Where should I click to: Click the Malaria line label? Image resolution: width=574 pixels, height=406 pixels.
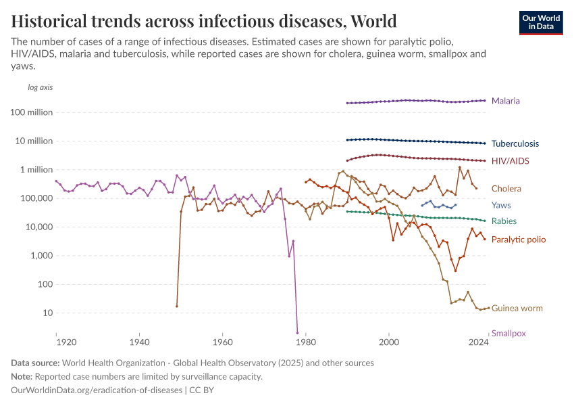[x=505, y=101]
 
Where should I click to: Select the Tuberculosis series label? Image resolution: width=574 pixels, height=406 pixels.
[x=515, y=143]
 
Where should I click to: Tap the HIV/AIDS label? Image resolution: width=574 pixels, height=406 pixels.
[x=510, y=161]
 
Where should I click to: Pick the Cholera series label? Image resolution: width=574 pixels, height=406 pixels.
[x=506, y=189]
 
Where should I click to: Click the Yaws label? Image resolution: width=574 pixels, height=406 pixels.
[x=501, y=205]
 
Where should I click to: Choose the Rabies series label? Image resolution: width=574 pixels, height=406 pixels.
[x=504, y=221]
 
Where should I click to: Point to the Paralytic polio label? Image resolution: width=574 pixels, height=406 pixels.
[x=518, y=240]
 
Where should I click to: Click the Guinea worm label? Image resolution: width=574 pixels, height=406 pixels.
[x=517, y=309]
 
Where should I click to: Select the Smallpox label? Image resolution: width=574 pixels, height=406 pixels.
[x=508, y=333]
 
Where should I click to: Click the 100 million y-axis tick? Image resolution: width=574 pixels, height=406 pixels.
[x=31, y=112]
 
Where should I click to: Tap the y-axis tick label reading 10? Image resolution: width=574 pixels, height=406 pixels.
[x=47, y=313]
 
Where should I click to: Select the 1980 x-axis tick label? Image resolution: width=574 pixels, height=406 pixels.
[x=306, y=342]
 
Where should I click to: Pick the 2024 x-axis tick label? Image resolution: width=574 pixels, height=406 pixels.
[x=478, y=342]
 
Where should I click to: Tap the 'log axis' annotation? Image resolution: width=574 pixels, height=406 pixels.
[x=40, y=87]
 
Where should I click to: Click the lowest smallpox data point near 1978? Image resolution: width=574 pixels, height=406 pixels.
[x=297, y=332]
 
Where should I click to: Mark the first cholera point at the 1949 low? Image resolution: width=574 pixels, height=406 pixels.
[x=177, y=306]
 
